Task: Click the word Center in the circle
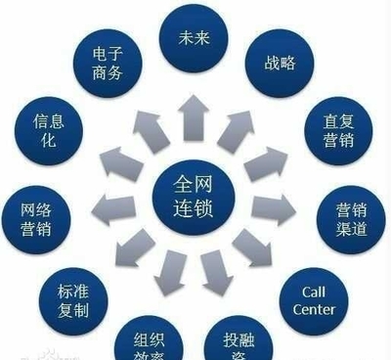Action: click(x=314, y=310)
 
